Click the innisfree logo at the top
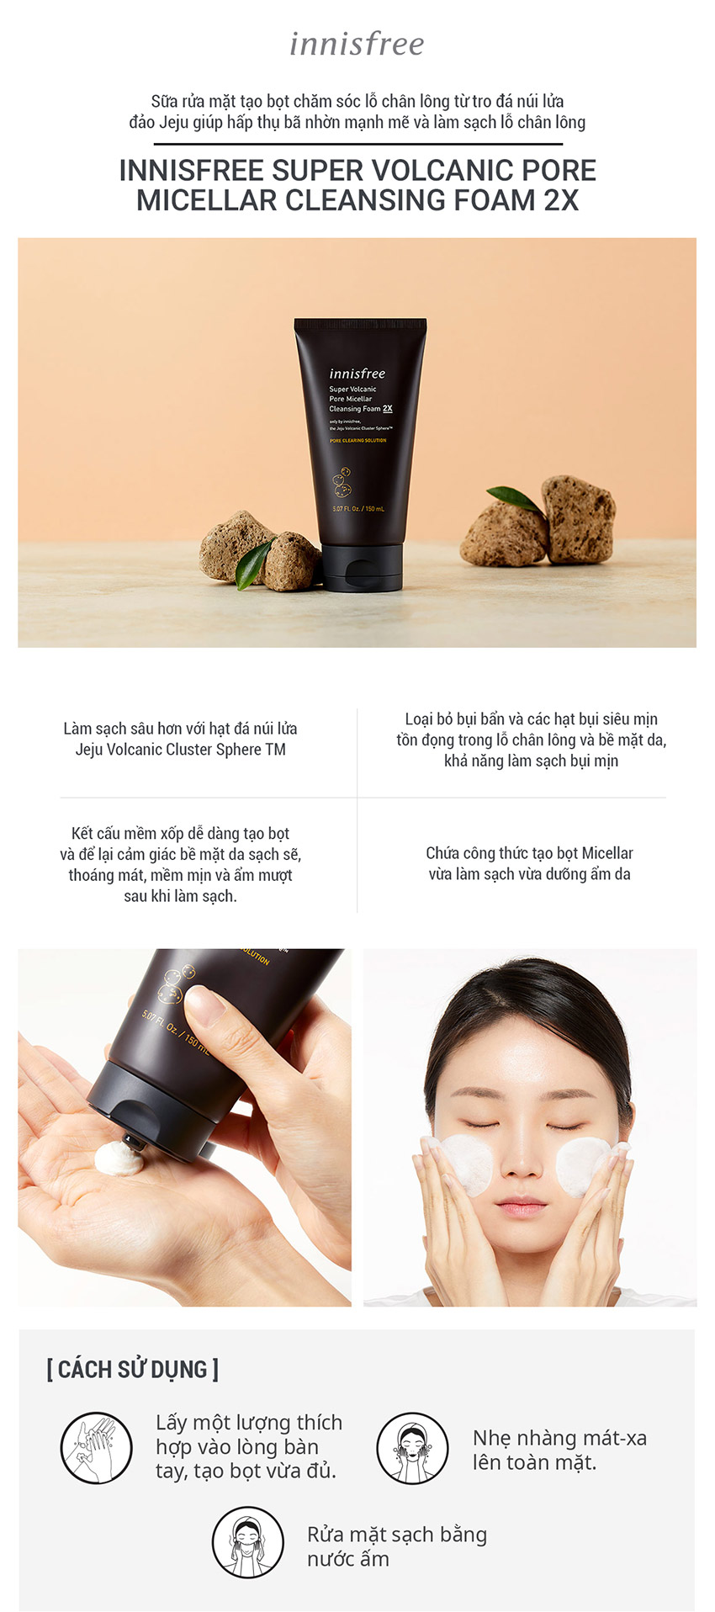[357, 44]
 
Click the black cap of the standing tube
[362, 566]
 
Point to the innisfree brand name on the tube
[357, 374]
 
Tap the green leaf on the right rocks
[514, 500]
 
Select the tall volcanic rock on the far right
[578, 518]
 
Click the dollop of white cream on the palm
[119, 1159]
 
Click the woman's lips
[521, 1204]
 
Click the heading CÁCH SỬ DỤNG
[132, 1370]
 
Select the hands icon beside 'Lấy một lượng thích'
[96, 1447]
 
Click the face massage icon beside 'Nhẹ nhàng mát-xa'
[411, 1447]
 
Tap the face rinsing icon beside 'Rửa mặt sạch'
[247, 1542]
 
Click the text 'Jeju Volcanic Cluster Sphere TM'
[180, 750]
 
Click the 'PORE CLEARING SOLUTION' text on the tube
[357, 441]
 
